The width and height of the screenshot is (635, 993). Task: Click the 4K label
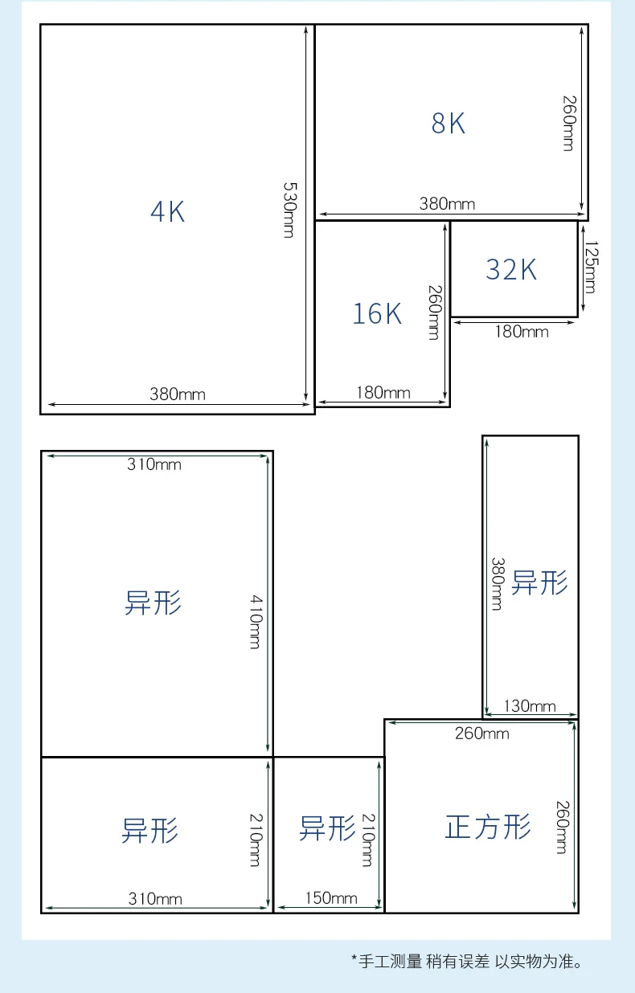[x=168, y=211]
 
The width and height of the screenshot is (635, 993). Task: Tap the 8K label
[x=448, y=124]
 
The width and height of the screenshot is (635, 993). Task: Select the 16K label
[x=377, y=313]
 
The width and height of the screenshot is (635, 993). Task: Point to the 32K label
[x=511, y=270]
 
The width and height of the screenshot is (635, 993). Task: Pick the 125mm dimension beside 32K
[x=590, y=267]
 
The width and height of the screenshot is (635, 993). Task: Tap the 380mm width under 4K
[x=177, y=394]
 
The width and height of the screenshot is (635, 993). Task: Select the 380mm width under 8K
[x=447, y=203]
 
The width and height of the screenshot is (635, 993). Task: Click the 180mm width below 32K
[x=521, y=331]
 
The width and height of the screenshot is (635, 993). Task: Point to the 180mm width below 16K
[x=383, y=392]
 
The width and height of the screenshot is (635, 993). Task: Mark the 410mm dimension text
[x=255, y=622]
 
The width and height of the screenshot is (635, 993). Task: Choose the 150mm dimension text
[x=330, y=898]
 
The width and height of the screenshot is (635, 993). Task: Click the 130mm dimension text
[x=530, y=706]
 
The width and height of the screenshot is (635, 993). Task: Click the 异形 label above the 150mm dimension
[x=327, y=827]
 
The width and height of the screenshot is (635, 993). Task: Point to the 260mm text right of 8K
[x=568, y=123]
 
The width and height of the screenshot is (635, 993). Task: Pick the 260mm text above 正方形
[x=481, y=733]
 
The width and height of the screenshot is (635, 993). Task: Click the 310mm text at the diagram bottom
[x=155, y=899]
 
